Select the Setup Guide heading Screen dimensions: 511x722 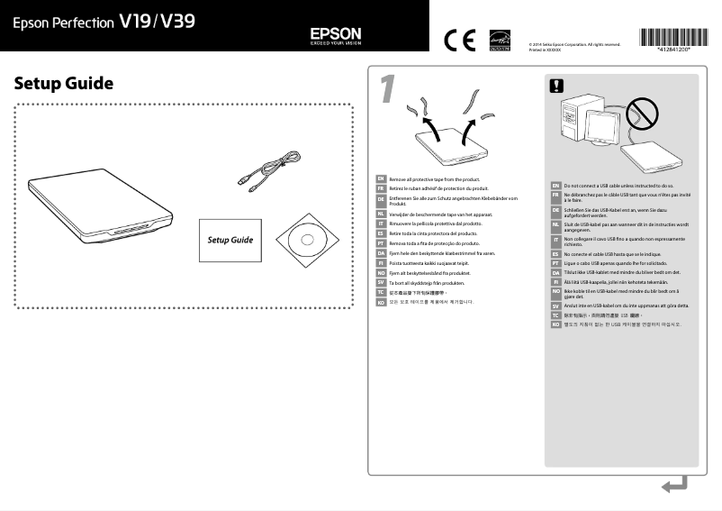click(x=64, y=84)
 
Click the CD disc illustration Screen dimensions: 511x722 click(x=305, y=240)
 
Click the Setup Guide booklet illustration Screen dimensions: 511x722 click(x=230, y=241)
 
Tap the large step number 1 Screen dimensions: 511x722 click(x=387, y=89)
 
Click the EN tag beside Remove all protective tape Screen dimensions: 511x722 click(x=381, y=179)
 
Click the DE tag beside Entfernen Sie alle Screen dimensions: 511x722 click(x=381, y=201)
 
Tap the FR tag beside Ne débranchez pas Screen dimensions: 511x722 click(x=555, y=196)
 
